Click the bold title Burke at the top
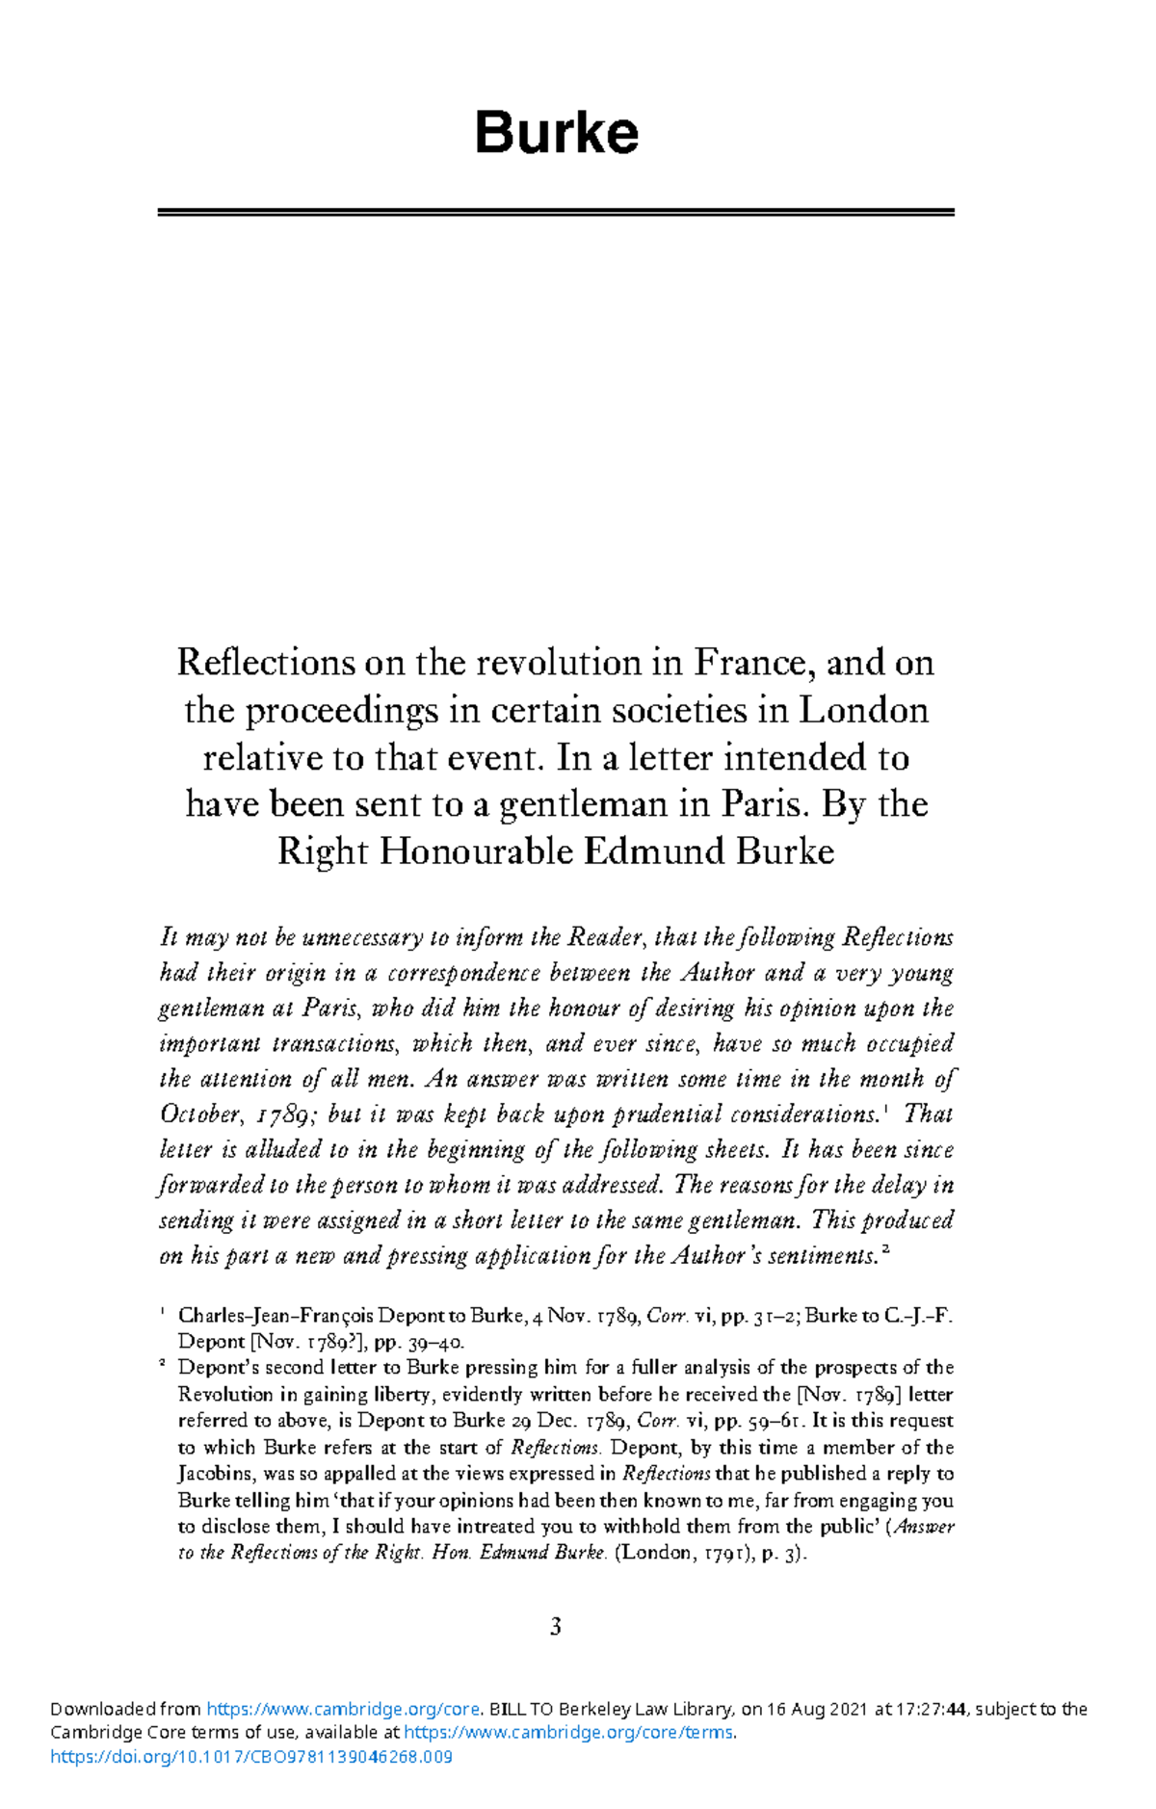(x=556, y=133)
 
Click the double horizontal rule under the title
(x=556, y=212)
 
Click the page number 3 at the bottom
(x=556, y=1627)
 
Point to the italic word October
(x=200, y=1114)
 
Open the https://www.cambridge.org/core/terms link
(x=568, y=1733)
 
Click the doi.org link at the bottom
(x=250, y=1757)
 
